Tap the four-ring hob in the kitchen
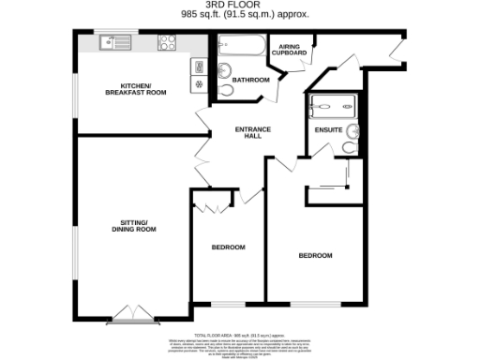point(167,41)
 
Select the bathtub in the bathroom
point(241,44)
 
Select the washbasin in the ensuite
point(352,130)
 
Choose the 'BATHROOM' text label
point(251,80)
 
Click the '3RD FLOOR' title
point(239,5)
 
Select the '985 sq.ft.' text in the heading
point(202,14)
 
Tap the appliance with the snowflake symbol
point(199,83)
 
